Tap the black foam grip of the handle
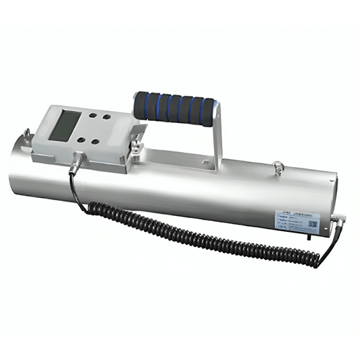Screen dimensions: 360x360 coord(173,109)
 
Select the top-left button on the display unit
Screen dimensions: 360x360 coord(94,116)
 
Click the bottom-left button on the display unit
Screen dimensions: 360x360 coord(81,140)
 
